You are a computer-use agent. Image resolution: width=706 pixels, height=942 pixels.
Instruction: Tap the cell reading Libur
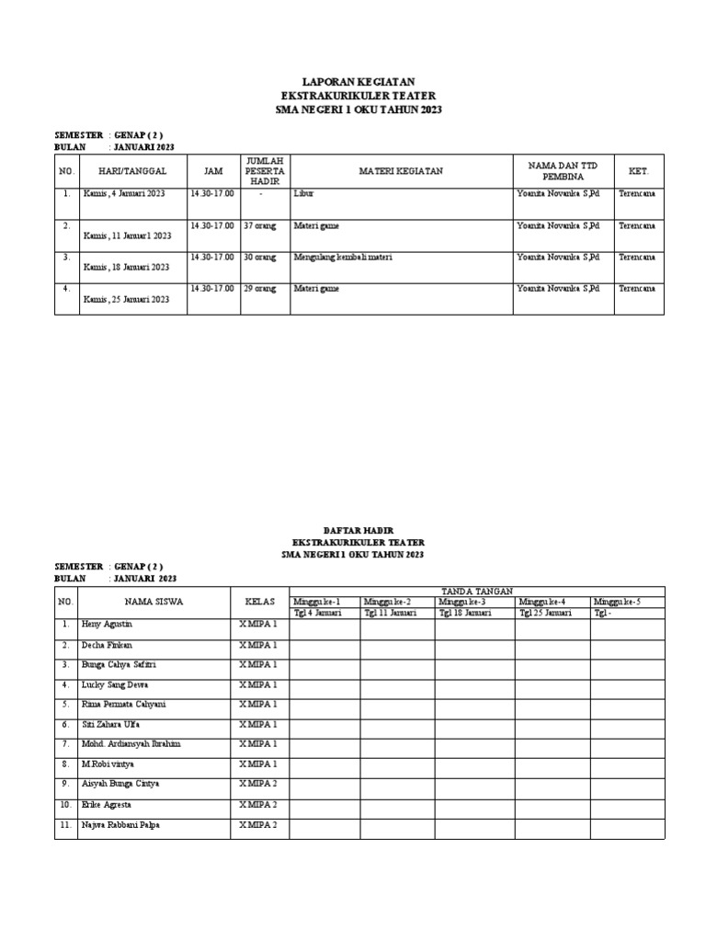[302, 195]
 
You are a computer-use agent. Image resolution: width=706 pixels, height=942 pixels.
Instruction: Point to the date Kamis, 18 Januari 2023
[126, 267]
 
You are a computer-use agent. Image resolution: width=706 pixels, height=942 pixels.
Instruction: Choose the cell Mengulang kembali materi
[343, 258]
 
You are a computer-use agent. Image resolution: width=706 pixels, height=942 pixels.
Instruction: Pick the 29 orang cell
[260, 289]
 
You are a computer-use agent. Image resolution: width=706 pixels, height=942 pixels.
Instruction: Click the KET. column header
[639, 171]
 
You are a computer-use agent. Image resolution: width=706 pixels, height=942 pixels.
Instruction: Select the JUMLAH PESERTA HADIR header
[265, 171]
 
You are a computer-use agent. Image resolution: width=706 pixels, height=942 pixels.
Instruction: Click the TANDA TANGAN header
[476, 591]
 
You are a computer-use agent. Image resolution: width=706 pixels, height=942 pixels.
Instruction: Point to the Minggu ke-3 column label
[461, 602]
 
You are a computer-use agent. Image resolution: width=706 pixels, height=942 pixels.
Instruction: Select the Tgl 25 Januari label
[545, 613]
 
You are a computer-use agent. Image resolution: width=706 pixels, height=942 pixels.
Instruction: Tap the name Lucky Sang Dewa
[115, 684]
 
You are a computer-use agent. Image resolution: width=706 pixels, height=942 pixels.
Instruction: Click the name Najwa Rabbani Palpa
[120, 825]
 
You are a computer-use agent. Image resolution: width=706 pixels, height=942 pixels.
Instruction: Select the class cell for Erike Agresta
[258, 804]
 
